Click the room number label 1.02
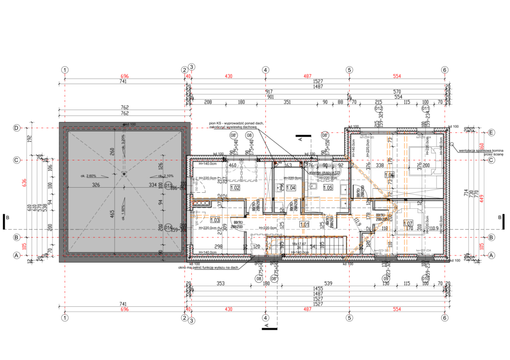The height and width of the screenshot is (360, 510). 236,188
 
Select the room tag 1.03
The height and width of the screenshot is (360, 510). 215,220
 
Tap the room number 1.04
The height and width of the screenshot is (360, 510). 291,188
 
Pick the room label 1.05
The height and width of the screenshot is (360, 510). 328,188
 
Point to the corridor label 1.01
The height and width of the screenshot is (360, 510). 304,224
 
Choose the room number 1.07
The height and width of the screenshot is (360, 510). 408,223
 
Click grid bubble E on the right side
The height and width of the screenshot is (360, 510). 491,132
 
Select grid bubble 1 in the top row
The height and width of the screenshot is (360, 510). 64,70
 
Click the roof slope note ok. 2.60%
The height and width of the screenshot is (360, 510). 88,176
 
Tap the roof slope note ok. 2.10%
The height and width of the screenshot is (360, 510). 166,176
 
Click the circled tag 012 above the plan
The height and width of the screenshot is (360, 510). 379,108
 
